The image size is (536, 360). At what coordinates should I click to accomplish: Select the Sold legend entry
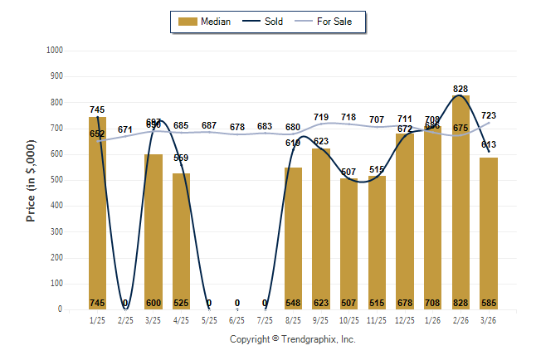tap(265, 22)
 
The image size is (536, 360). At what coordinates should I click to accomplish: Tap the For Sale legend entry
tap(330, 22)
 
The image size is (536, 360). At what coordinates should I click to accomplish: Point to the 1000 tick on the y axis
tap(56, 51)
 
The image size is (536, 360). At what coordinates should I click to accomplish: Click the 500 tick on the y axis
tap(57, 180)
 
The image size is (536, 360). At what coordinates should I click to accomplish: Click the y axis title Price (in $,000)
tap(32, 180)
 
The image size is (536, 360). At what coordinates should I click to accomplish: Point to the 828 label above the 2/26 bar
tap(461, 88)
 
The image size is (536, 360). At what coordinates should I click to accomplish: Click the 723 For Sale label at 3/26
tap(490, 116)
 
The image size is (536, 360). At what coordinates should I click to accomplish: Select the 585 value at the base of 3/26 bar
tap(489, 303)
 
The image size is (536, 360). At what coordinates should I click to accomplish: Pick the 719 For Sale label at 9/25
tap(321, 117)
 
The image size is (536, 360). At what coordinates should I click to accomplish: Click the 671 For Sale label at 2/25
tap(125, 129)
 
